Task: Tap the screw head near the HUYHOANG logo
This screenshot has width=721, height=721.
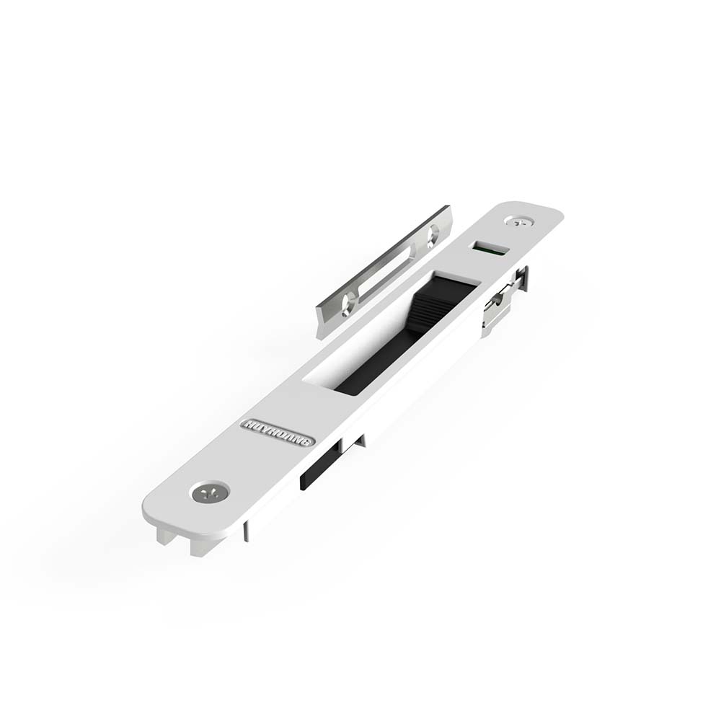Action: pos(210,492)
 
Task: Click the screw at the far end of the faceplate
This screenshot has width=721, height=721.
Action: pos(519,221)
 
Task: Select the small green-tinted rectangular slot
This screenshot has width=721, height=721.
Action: pos(490,248)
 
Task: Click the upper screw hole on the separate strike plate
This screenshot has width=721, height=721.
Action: pos(433,235)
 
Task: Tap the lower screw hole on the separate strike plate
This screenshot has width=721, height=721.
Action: pos(348,304)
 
